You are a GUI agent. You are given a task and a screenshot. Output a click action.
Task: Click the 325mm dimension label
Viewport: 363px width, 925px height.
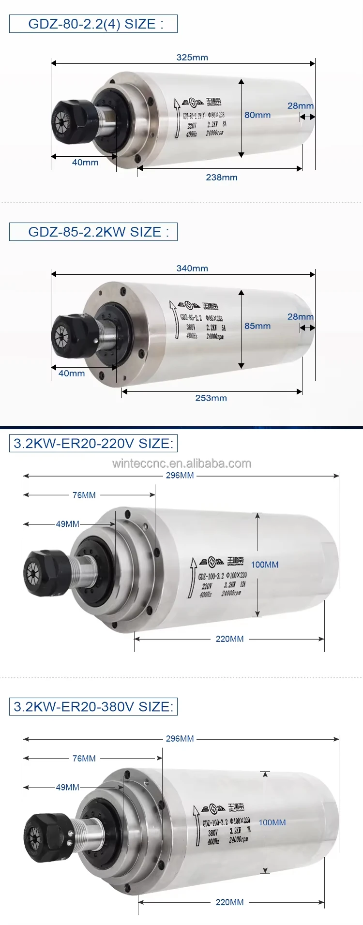[x=192, y=57]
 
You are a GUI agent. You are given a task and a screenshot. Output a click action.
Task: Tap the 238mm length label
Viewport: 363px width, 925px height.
[x=222, y=177]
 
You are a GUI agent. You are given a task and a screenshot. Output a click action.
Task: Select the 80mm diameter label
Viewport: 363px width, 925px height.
[x=257, y=115]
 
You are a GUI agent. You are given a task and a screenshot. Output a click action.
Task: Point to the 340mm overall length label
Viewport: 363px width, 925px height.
[x=192, y=268]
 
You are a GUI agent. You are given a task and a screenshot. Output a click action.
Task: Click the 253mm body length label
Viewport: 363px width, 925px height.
[x=211, y=398]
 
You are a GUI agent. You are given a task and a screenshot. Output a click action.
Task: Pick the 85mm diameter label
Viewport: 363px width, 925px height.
[x=257, y=326]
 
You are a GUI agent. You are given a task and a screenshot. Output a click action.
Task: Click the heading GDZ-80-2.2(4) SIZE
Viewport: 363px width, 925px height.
[x=93, y=24]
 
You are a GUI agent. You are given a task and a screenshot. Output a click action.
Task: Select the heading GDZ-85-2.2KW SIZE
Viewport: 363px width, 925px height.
[x=93, y=232]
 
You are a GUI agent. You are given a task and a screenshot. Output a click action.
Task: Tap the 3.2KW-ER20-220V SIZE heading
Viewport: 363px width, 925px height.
[x=93, y=443]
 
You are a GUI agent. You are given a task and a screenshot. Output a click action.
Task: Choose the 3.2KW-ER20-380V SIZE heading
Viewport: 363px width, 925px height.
[x=93, y=706]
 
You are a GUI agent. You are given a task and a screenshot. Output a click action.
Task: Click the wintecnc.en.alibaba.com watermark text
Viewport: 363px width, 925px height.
[x=181, y=463]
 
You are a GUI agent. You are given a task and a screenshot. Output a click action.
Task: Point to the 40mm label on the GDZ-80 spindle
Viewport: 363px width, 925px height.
[x=85, y=163]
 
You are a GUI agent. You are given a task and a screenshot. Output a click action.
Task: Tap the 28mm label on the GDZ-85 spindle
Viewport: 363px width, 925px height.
[x=301, y=316]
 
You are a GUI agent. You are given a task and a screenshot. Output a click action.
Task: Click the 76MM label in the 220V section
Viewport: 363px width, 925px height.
[x=84, y=495]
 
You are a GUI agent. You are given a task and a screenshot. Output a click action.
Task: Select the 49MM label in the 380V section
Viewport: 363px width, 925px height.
[x=68, y=787]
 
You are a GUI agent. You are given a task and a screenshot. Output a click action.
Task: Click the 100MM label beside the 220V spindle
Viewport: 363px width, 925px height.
[x=265, y=564]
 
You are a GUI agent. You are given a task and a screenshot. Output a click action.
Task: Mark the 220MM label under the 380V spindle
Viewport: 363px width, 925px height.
[x=230, y=902]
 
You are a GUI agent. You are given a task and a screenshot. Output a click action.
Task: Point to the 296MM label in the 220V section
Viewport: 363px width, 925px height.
[x=180, y=475]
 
